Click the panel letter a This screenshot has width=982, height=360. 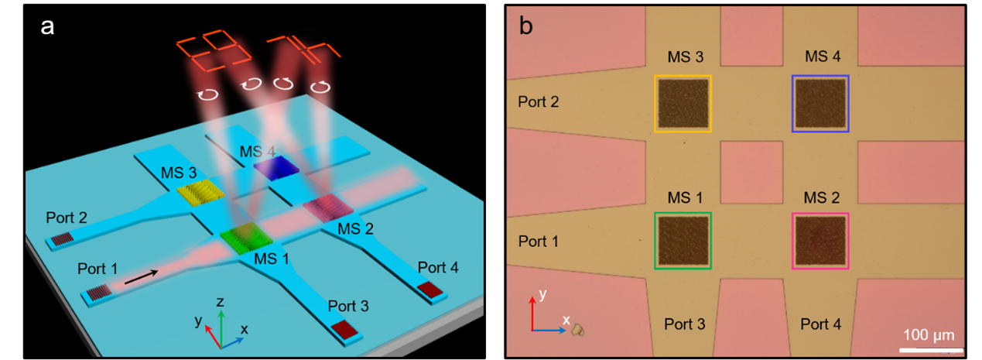click(48, 27)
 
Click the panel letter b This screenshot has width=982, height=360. click(525, 26)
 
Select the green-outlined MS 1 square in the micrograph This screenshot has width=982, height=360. click(683, 241)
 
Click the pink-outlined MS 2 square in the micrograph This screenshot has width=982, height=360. click(820, 241)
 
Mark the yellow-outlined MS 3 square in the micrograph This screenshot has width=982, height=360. click(683, 104)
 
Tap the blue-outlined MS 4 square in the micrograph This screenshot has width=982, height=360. click(820, 104)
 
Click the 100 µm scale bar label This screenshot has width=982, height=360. click(929, 334)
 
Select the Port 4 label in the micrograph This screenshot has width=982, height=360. click(821, 324)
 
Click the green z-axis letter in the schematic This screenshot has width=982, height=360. click(221, 301)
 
